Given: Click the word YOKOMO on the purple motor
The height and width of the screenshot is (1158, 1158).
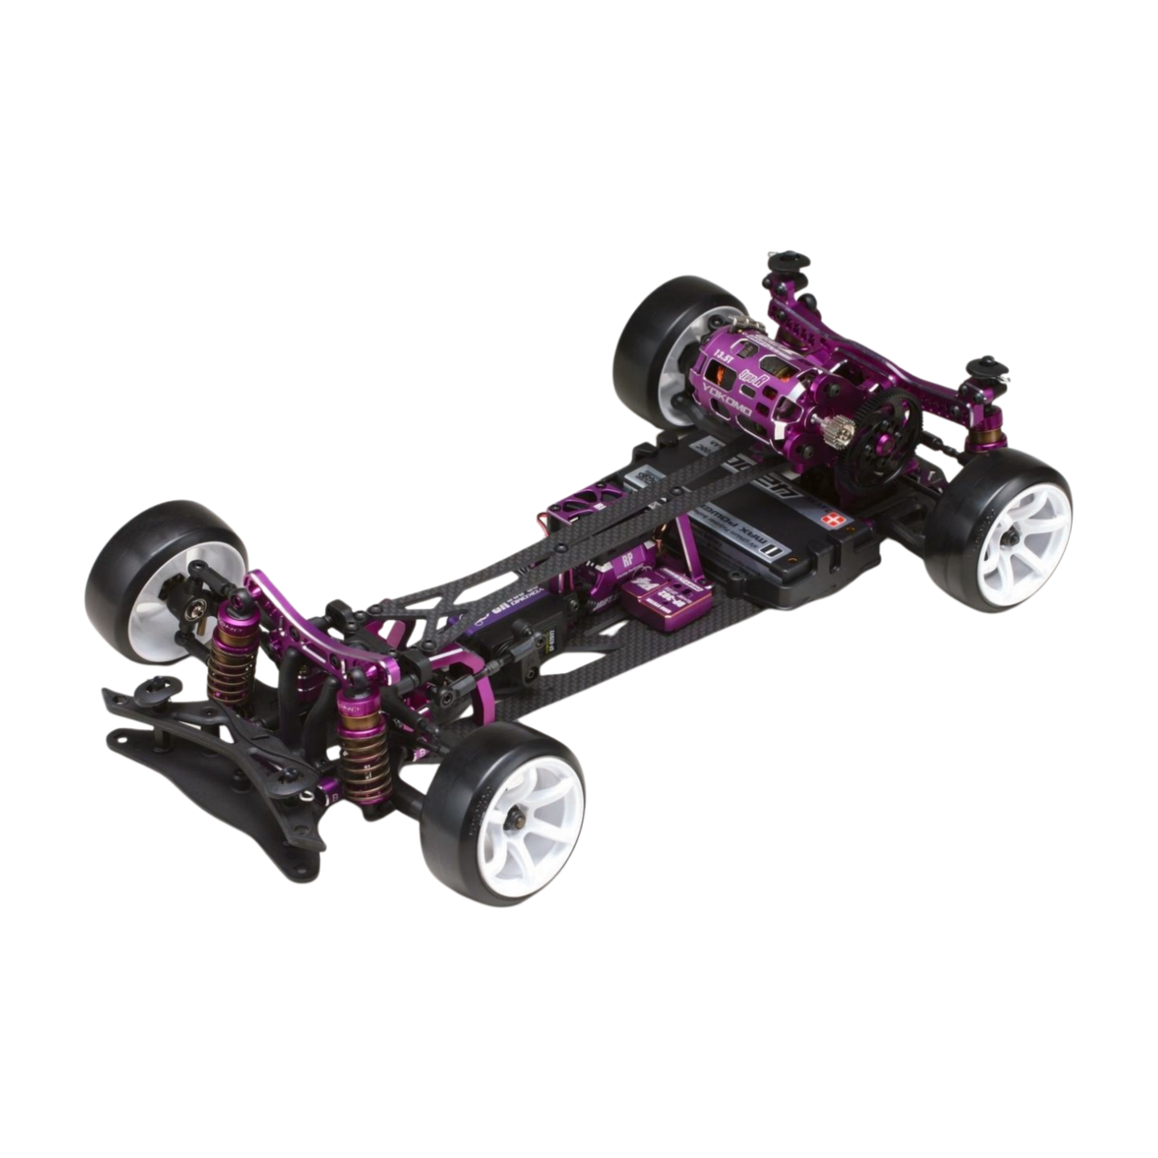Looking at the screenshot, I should [728, 400].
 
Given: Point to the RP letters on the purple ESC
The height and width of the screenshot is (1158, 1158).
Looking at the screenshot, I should [628, 561].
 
